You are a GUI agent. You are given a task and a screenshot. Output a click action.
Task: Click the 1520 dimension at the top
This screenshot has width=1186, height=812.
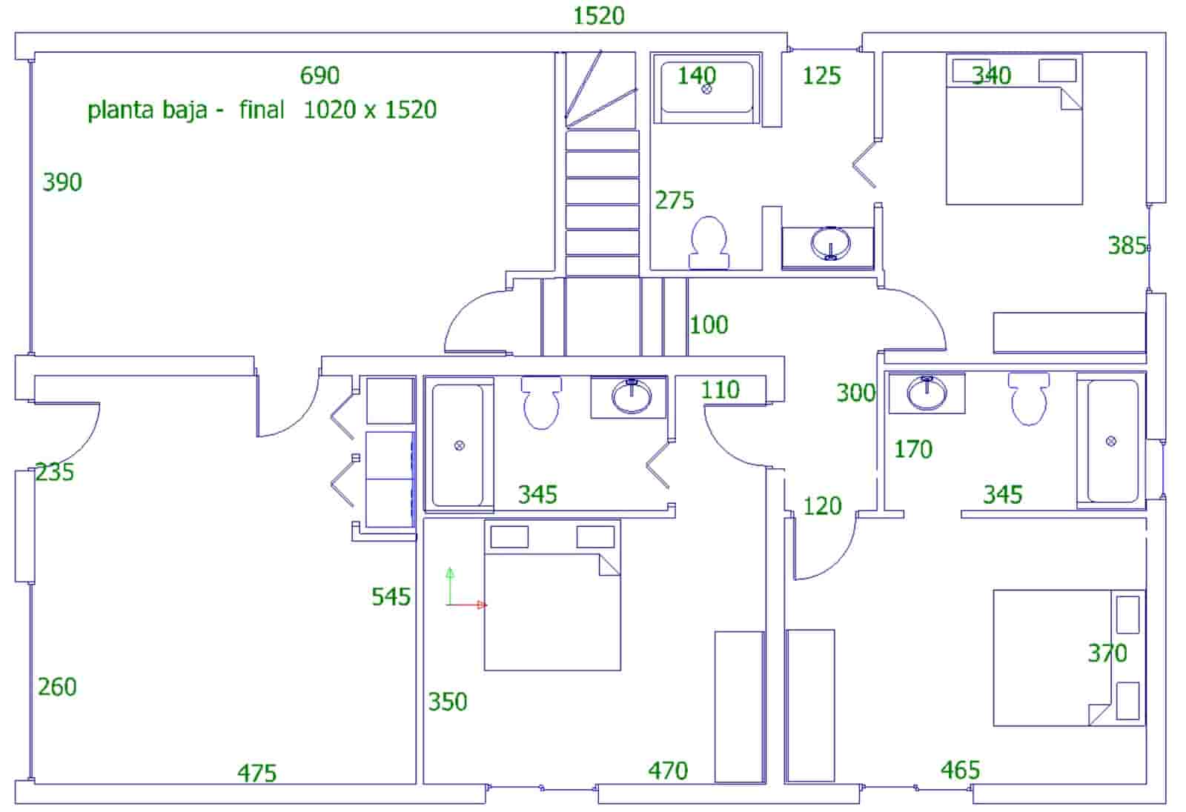click(599, 16)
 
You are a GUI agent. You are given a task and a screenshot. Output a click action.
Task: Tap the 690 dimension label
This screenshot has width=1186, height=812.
click(319, 75)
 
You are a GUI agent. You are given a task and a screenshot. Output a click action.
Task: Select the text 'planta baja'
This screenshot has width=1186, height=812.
click(148, 110)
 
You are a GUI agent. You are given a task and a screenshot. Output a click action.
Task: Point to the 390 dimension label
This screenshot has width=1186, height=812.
click(62, 182)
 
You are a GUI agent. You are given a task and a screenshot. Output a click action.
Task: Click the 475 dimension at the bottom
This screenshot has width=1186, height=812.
click(256, 773)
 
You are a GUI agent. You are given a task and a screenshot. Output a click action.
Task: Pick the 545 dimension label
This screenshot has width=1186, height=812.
click(391, 596)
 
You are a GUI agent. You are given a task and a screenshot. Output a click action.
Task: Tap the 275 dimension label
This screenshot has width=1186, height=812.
click(675, 200)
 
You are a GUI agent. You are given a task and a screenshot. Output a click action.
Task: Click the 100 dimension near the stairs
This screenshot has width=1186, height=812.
click(709, 325)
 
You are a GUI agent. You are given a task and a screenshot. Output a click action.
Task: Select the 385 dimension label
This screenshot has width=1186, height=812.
click(1127, 245)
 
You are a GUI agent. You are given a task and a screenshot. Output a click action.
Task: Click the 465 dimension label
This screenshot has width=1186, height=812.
click(960, 771)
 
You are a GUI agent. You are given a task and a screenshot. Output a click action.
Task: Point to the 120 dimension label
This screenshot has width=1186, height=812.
click(822, 506)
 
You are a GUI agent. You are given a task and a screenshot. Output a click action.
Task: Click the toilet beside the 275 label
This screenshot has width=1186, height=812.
click(709, 242)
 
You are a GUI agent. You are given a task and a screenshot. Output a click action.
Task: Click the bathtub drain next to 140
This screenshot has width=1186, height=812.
click(706, 90)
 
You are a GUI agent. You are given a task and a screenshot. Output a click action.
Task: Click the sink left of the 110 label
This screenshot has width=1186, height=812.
click(631, 396)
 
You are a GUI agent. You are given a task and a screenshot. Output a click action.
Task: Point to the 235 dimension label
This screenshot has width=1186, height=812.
click(55, 472)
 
